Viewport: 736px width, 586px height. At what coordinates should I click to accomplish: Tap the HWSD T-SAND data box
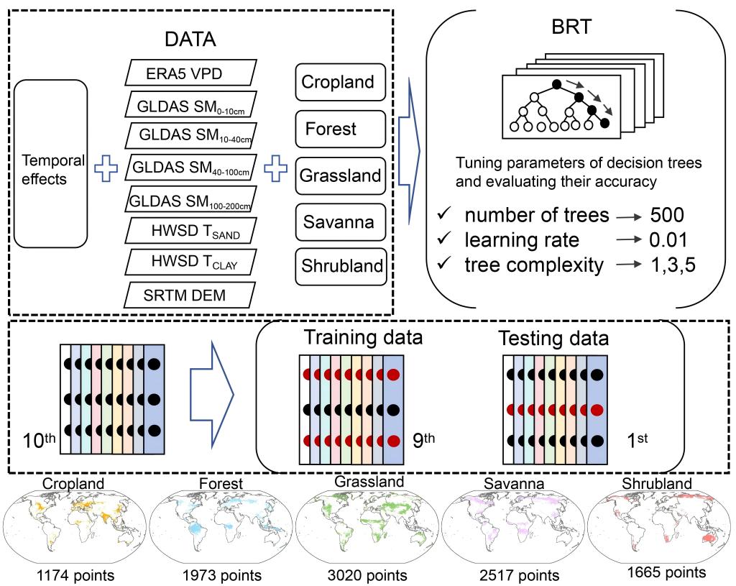click(190, 232)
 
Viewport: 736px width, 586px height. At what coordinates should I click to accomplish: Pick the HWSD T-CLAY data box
click(190, 263)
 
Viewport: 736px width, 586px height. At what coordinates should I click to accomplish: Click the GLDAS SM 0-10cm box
click(190, 105)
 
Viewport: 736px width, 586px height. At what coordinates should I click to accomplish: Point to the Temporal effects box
click(50, 168)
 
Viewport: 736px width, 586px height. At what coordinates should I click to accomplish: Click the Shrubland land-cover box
click(340, 266)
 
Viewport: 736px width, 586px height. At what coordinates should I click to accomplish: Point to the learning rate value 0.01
click(669, 239)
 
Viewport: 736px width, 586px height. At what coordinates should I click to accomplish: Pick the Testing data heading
click(555, 339)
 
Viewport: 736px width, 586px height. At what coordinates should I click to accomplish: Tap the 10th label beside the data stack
click(39, 437)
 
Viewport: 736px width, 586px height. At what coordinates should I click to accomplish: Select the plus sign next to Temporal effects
click(106, 168)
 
